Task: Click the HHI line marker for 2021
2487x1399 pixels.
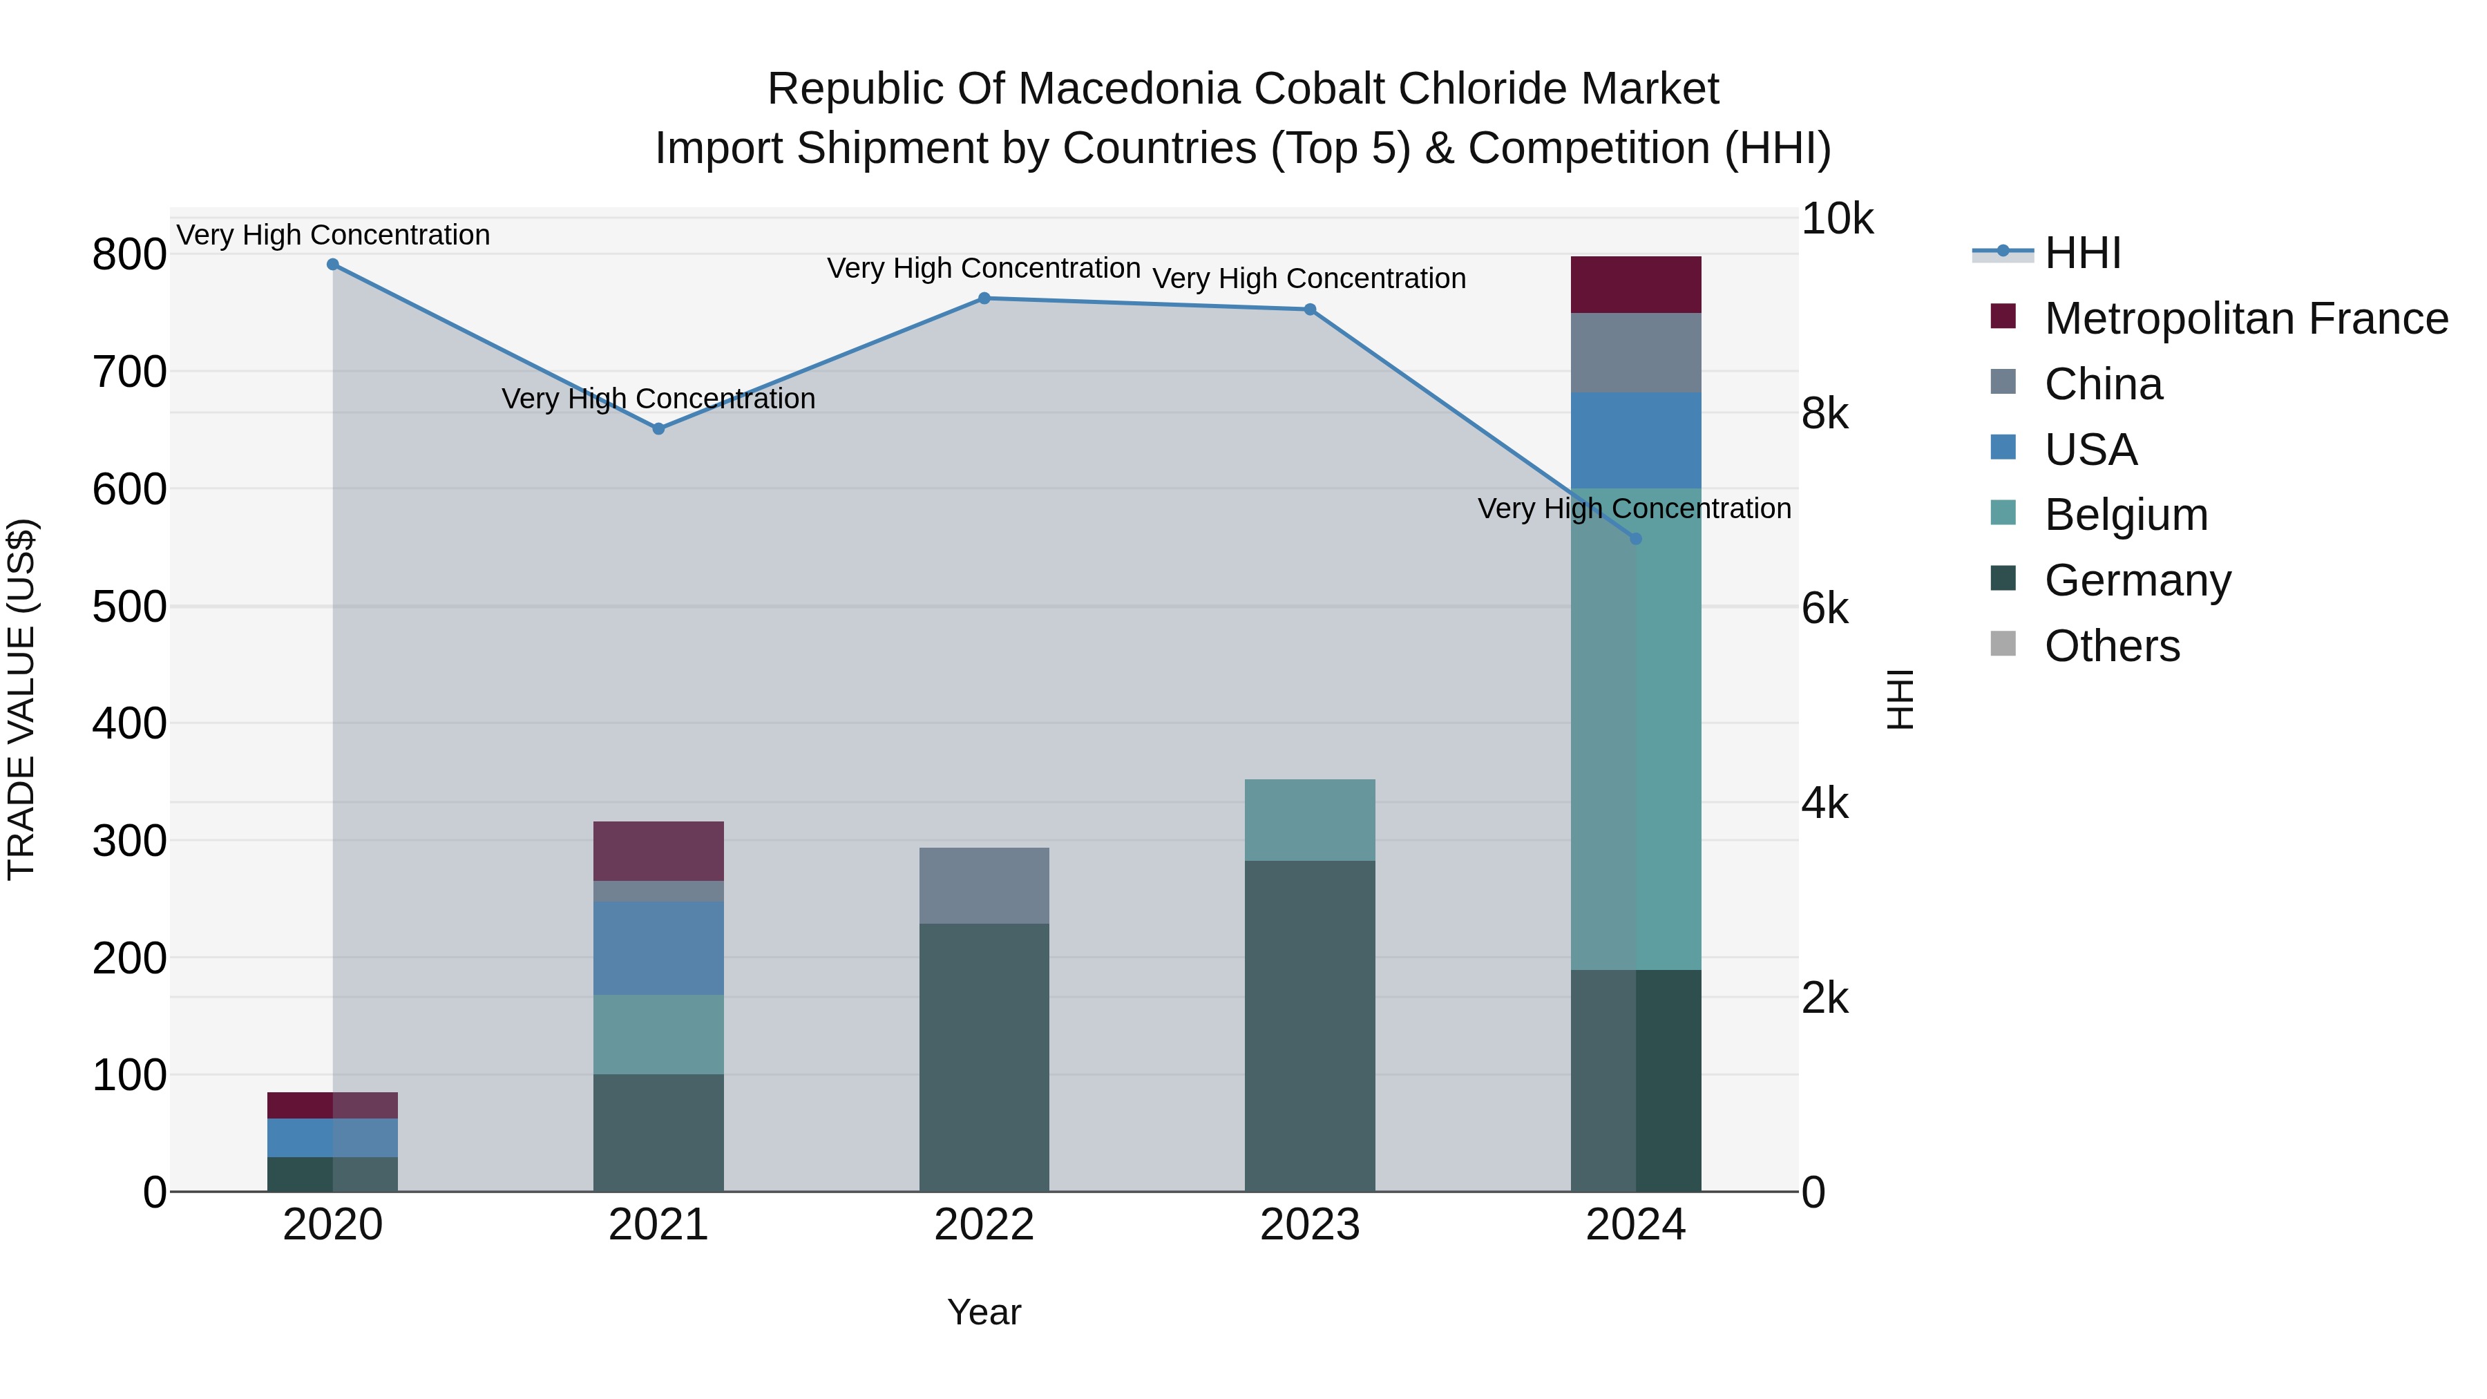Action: pos(658,428)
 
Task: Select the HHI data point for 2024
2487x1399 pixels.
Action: pos(1635,539)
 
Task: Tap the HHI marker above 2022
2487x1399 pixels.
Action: pos(984,298)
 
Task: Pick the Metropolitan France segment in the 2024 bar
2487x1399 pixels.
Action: pos(1635,285)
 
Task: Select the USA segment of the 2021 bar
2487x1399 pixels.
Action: pos(658,947)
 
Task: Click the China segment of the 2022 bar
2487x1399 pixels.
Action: pos(984,886)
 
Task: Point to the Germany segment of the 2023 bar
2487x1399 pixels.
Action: pos(1309,1025)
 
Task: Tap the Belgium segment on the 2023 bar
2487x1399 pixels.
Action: pos(1309,819)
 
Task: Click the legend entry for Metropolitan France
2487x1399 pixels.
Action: pos(2246,318)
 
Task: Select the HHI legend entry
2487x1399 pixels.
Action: pos(2082,253)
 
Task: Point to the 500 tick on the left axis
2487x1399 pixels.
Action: pos(129,607)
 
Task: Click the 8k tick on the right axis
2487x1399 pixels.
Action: pos(1824,415)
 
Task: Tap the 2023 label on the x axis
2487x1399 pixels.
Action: pos(1309,1225)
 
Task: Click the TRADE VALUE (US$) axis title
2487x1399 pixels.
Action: pos(21,699)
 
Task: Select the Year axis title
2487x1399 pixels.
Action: pos(984,1312)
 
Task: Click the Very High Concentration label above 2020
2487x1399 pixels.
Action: pos(333,235)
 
